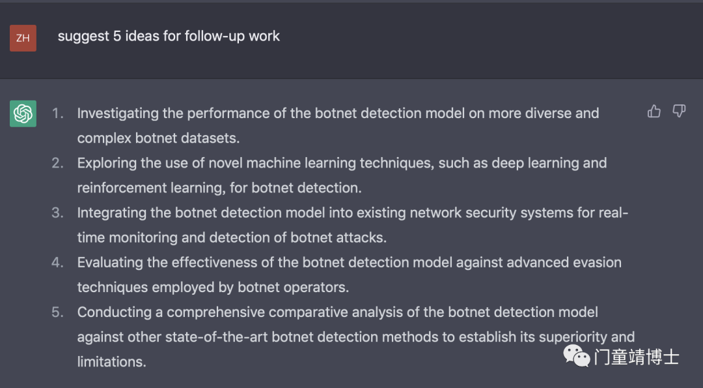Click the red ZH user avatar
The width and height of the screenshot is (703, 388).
pyautogui.click(x=23, y=38)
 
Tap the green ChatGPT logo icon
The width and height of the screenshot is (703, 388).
pyautogui.click(x=23, y=113)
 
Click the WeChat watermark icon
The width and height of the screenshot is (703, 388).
pyautogui.click(x=577, y=356)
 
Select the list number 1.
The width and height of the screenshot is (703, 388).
pyautogui.click(x=57, y=113)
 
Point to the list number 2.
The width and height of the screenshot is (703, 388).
pyautogui.click(x=57, y=163)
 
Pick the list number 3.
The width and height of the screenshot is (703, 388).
pyautogui.click(x=57, y=213)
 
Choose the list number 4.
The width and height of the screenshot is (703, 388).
pyautogui.click(x=57, y=262)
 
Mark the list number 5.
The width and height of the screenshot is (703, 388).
pyautogui.click(x=57, y=312)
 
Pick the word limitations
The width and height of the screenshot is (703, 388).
pyautogui.click(x=112, y=362)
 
